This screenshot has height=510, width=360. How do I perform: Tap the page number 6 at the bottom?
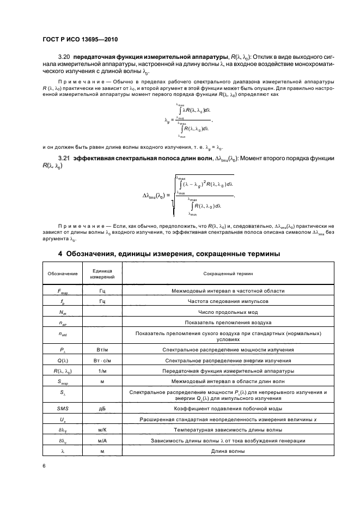point(45,466)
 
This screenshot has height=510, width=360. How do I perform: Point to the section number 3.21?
point(65,159)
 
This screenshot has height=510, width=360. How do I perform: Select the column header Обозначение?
point(62,273)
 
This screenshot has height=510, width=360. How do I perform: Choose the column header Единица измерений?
point(102,273)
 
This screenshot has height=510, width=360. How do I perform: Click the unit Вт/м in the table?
point(102,349)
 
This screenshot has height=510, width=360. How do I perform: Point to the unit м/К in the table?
point(102,430)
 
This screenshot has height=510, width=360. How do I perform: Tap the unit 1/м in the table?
point(102,371)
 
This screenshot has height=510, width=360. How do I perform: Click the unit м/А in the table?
point(102,440)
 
